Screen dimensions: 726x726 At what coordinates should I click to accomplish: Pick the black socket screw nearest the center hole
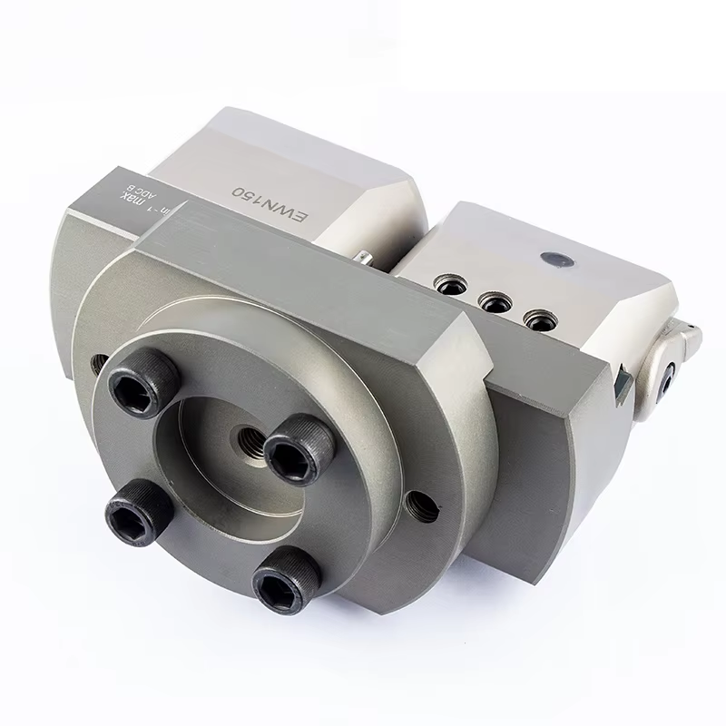click(x=299, y=449)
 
